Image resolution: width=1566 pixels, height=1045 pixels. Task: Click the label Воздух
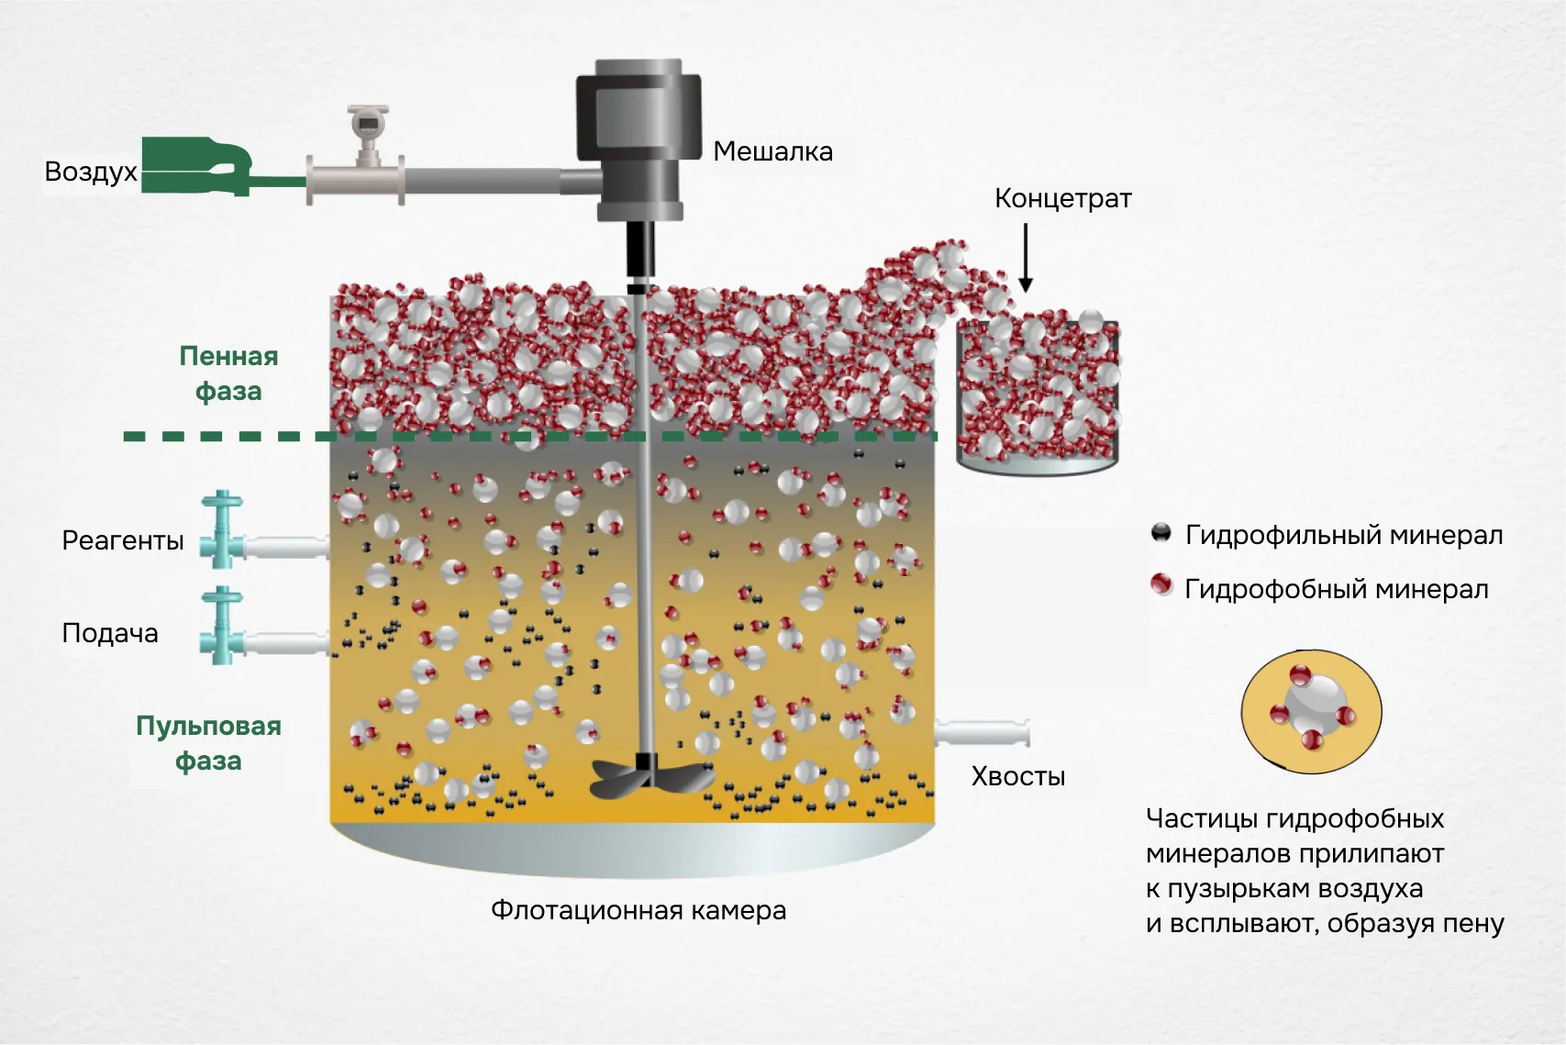pyautogui.click(x=91, y=172)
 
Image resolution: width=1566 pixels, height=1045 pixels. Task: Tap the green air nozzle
pyautogui.click(x=197, y=166)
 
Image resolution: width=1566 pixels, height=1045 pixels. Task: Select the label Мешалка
pyautogui.click(x=772, y=151)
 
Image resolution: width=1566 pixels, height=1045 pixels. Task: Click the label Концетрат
pyautogui.click(x=1062, y=199)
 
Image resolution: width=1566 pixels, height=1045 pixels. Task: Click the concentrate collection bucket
pyautogui.click(x=1038, y=395)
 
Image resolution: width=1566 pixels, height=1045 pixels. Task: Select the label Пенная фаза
pyautogui.click(x=228, y=373)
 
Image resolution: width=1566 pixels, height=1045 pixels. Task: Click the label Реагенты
pyautogui.click(x=123, y=540)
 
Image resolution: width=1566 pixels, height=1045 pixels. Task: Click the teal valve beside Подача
pyautogui.click(x=223, y=627)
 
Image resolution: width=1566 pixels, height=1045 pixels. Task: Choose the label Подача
pyautogui.click(x=110, y=633)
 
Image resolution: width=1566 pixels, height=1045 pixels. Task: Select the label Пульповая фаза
pyautogui.click(x=208, y=743)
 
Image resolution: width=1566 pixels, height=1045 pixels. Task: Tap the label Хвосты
pyautogui.click(x=1018, y=777)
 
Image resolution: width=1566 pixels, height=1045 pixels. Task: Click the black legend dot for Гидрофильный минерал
pyautogui.click(x=1161, y=533)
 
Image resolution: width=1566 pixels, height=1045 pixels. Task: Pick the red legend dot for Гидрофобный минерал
pyautogui.click(x=1161, y=585)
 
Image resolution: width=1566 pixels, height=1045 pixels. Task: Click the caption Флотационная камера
pyautogui.click(x=639, y=910)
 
